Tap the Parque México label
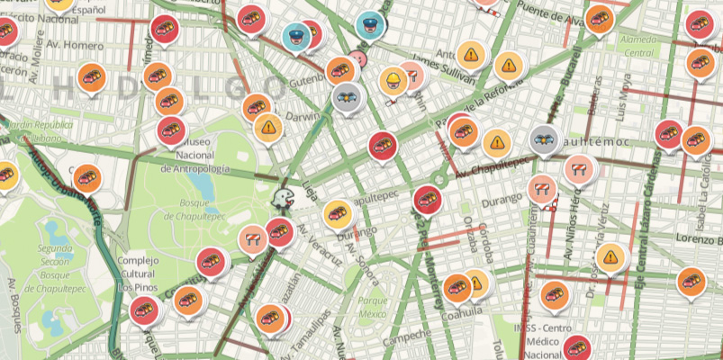373,308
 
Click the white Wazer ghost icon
283,198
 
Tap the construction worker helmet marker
393,82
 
